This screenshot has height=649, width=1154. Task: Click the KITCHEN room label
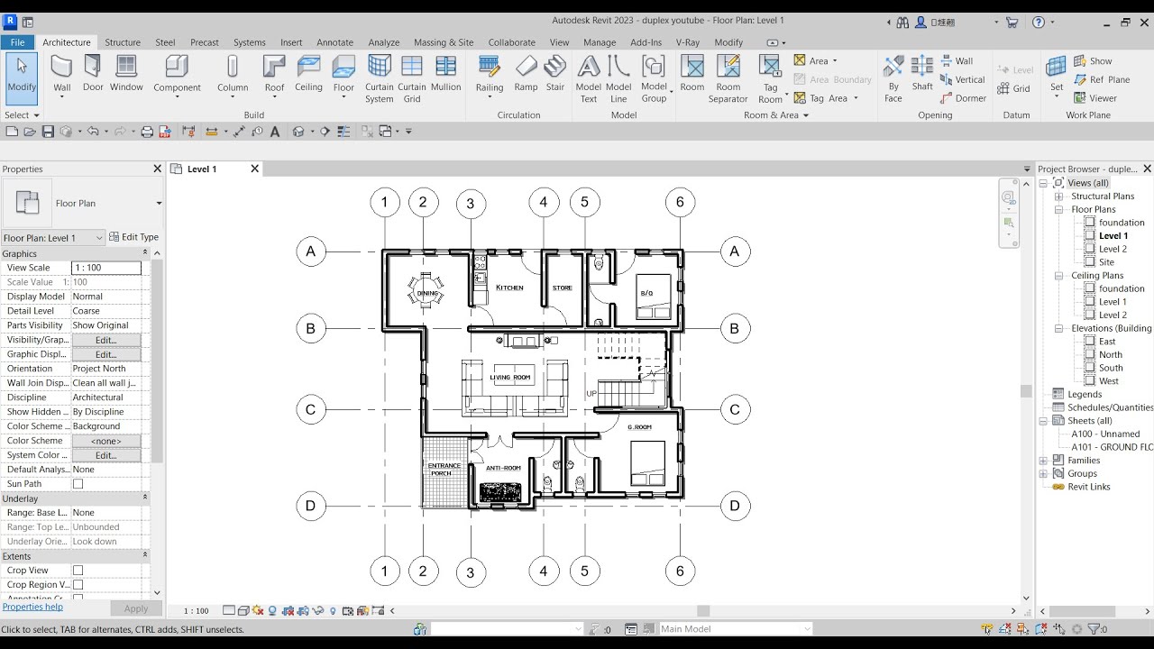[509, 288]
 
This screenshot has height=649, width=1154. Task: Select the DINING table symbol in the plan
[426, 292]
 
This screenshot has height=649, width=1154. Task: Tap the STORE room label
[563, 288]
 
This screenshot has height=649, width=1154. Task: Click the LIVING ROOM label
[510, 378]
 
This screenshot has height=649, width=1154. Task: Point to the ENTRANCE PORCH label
[444, 470]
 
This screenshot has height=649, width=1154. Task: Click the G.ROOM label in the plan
[639, 427]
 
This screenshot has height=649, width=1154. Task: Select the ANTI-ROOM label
[503, 468]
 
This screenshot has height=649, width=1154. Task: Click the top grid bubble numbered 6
[680, 202]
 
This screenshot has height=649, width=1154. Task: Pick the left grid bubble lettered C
[310, 410]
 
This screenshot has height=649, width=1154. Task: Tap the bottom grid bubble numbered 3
[470, 572]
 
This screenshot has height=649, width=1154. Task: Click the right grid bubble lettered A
[734, 252]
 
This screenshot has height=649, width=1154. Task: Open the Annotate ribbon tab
[334, 42]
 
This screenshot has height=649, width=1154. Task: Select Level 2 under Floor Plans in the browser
[1113, 249]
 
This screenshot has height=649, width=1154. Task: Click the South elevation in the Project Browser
[1111, 368]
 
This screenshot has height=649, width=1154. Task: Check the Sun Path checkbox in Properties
[78, 484]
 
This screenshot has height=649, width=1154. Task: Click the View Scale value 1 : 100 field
[105, 268]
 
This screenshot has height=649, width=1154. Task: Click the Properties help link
[32, 607]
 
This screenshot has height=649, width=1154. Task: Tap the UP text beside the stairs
[591, 394]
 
